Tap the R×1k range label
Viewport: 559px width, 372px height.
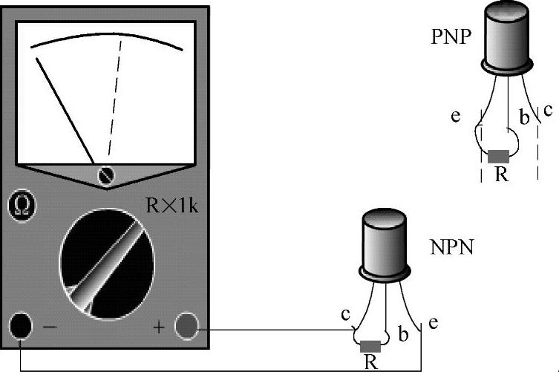(171, 206)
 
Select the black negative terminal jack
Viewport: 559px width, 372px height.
(20, 325)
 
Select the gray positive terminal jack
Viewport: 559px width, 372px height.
(186, 325)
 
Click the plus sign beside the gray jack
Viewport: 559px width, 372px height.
(158, 326)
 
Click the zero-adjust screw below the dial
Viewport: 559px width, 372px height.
(108, 175)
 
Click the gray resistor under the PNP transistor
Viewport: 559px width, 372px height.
(498, 156)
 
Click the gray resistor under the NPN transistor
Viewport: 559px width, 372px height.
(370, 346)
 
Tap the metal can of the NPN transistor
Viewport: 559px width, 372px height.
(383, 244)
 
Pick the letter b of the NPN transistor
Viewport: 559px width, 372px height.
(403, 334)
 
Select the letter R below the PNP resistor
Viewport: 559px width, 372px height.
(501, 177)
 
